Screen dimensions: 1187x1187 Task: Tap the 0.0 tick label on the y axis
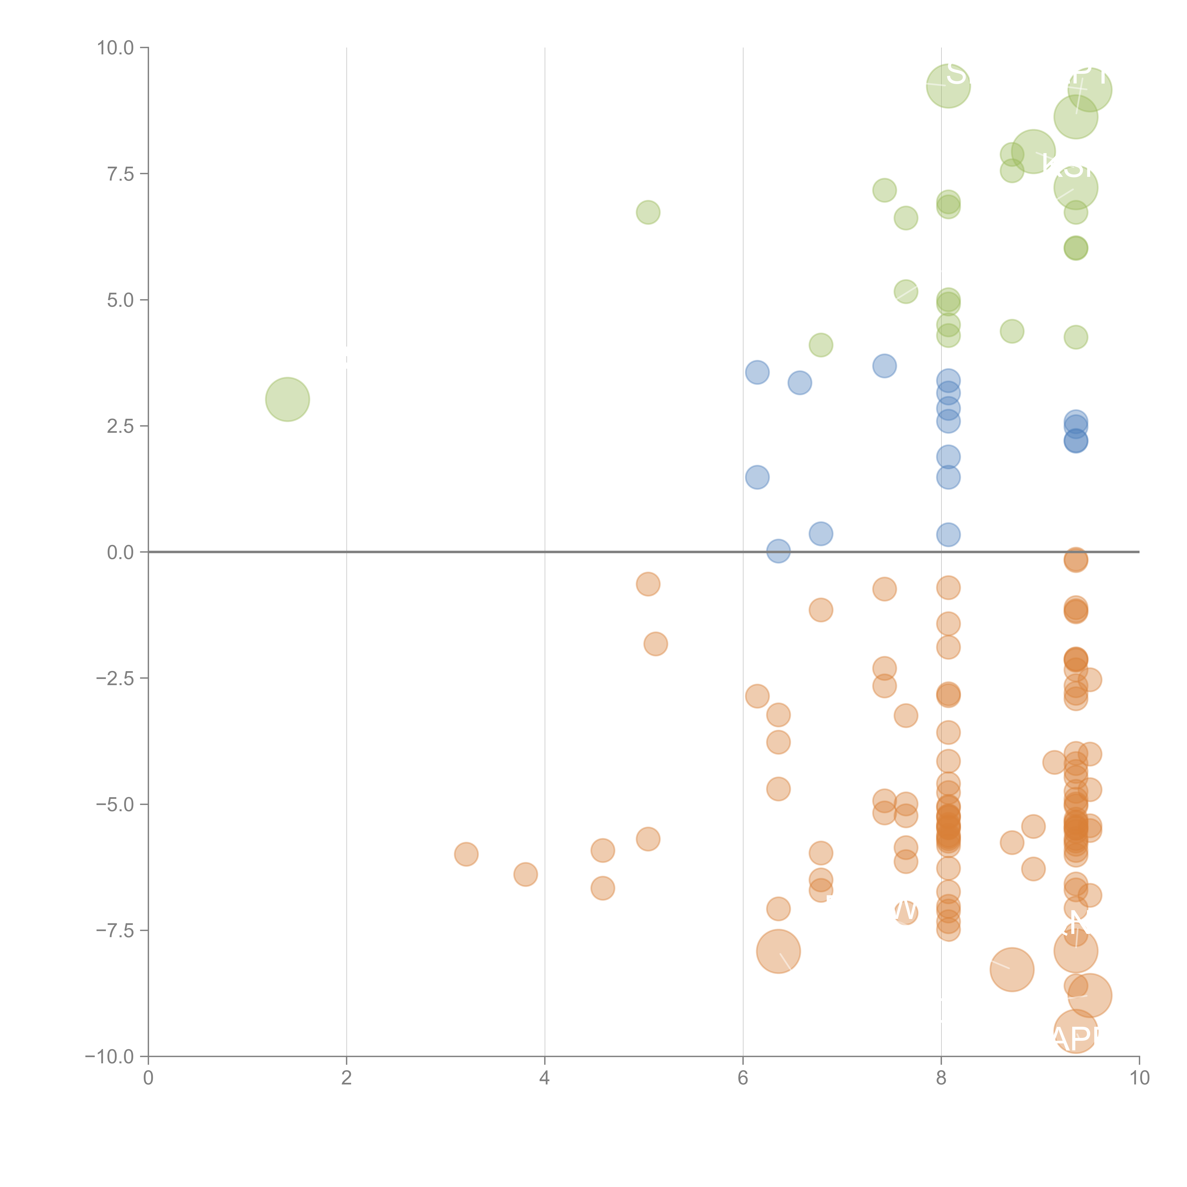[120, 552]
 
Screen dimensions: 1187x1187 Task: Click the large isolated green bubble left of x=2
[287, 399]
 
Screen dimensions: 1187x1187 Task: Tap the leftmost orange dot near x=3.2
[466, 854]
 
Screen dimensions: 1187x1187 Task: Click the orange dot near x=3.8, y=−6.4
[525, 874]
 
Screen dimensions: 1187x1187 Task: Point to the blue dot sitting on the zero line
[778, 551]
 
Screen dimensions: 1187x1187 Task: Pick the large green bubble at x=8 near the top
[948, 86]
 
